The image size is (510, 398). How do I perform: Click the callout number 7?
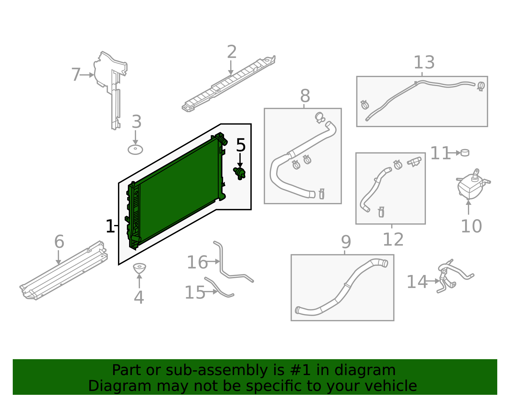click(x=76, y=75)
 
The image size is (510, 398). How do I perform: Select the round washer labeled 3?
click(x=135, y=149)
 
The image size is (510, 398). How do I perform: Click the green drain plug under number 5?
click(x=240, y=173)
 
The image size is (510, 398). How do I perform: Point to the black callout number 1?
click(x=110, y=227)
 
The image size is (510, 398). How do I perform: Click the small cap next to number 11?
click(x=465, y=153)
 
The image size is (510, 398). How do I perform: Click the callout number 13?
click(x=424, y=63)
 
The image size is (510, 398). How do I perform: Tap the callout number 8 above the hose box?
click(x=305, y=96)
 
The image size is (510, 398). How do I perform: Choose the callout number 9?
click(x=346, y=242)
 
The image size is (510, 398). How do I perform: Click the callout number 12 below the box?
click(x=393, y=240)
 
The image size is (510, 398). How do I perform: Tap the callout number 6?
click(x=59, y=242)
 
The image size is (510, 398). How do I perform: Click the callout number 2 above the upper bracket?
click(x=232, y=52)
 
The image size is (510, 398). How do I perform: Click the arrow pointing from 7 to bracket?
click(x=87, y=75)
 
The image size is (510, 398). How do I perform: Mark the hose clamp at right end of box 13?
click(x=481, y=86)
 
